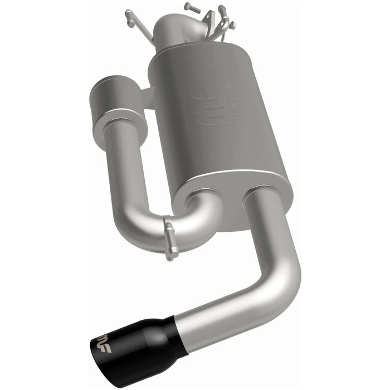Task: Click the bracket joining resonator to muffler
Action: (145, 97)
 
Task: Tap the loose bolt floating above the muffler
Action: (191, 8)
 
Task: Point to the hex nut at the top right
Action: (232, 25)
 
